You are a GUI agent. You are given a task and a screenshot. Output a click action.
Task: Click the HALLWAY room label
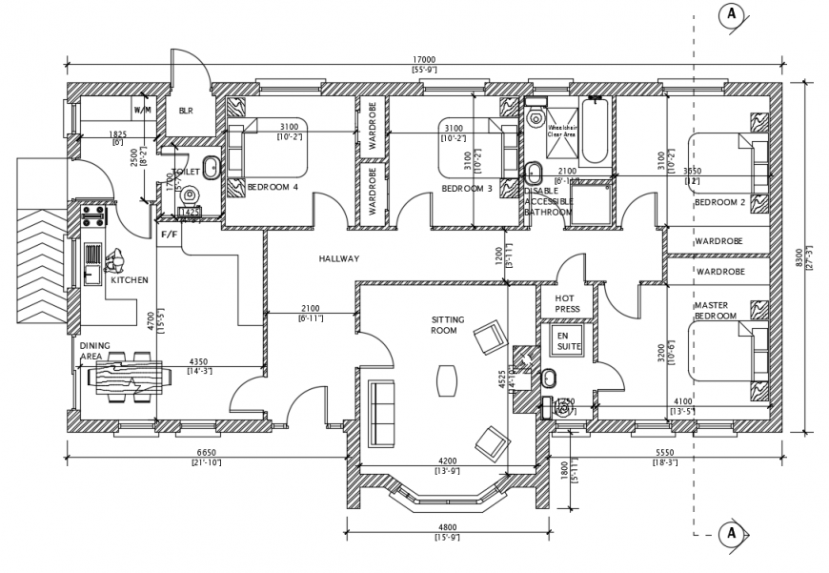point(339,258)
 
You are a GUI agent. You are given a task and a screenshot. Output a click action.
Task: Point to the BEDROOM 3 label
point(467,189)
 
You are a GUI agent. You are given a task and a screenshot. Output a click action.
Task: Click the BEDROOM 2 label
point(719,202)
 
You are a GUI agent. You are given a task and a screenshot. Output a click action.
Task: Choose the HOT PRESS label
point(567,303)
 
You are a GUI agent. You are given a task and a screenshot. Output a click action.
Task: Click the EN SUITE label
point(569,341)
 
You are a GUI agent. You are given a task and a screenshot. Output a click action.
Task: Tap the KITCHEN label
point(130,280)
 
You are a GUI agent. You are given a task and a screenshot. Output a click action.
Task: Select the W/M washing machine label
point(142,111)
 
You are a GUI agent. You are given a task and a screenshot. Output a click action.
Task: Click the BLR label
point(186,111)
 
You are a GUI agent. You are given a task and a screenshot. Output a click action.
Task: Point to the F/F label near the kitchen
point(169,234)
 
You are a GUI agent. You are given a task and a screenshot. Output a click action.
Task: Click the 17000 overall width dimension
point(423,59)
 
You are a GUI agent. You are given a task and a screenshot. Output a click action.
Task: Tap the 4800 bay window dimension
point(447,527)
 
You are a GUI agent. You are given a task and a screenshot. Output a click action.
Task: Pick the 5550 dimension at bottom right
point(664,453)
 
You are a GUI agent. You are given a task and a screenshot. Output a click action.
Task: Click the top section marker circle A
point(731,13)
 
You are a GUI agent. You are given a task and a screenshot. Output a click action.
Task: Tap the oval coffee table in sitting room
point(447,380)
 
